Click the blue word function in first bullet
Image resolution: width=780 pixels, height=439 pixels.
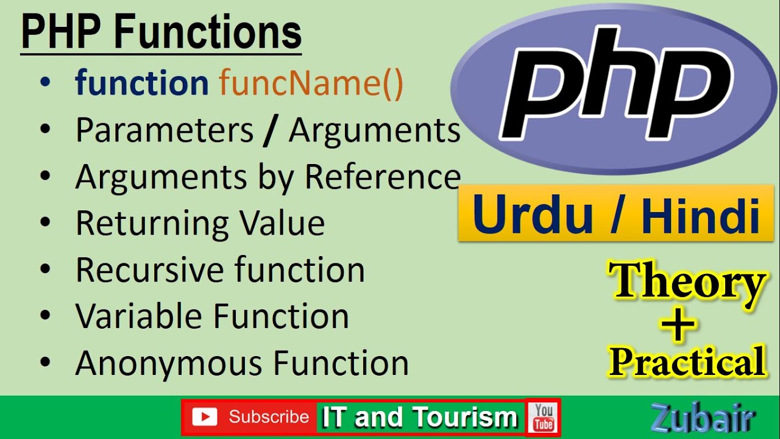(142, 83)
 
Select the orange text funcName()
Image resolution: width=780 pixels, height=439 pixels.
(311, 83)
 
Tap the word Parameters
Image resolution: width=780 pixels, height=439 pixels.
(164, 130)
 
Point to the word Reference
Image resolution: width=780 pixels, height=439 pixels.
(382, 177)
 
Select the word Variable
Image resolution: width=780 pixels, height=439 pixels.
(140, 316)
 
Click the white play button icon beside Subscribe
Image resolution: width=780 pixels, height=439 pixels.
(204, 417)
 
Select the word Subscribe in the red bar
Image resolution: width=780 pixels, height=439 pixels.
(269, 417)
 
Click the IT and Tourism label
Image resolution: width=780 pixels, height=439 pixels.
(419, 418)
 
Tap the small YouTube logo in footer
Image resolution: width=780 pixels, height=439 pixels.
(543, 417)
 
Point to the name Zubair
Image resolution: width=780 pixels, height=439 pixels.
(703, 419)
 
